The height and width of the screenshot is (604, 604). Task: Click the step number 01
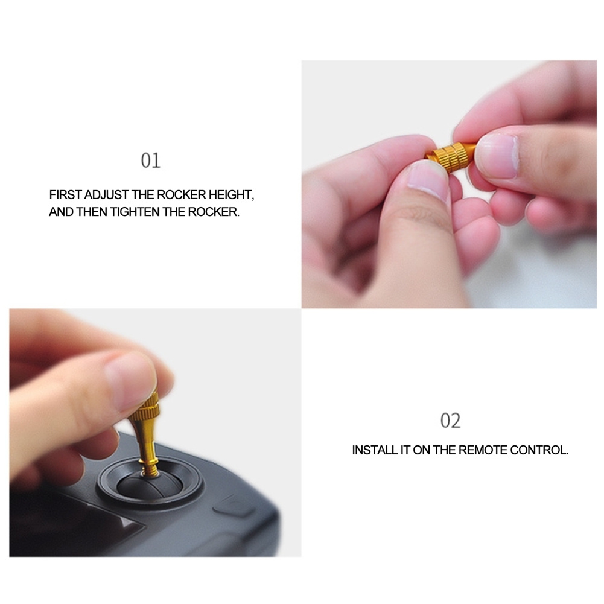150,161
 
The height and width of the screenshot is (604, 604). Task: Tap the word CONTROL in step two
539,450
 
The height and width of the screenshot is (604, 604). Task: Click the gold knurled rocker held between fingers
450,156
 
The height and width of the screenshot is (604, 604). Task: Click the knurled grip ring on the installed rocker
144,413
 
